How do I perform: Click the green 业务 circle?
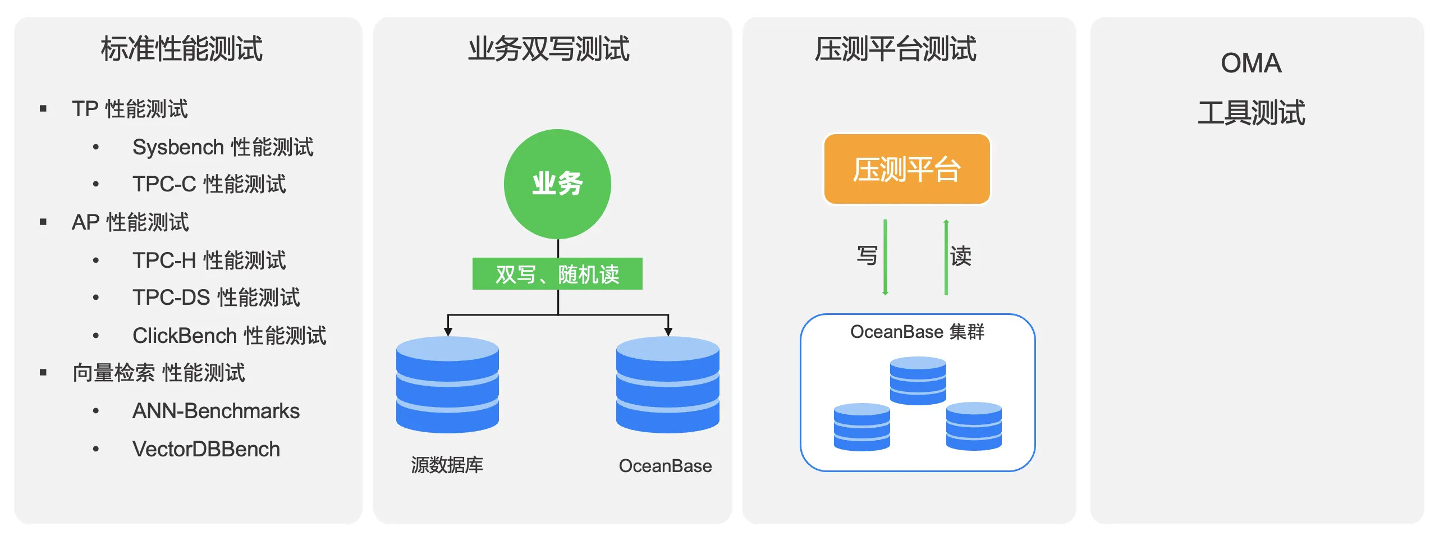tap(557, 184)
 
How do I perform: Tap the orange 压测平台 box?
tap(906, 169)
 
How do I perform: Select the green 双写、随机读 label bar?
tap(557, 274)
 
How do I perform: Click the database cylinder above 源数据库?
tap(447, 385)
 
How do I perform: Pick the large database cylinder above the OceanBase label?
tap(667, 385)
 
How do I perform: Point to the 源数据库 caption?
tap(447, 465)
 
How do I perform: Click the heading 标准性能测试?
tap(182, 49)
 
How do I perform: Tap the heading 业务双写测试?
tap(549, 49)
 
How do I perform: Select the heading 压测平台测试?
tap(895, 49)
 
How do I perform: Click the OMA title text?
tap(1251, 63)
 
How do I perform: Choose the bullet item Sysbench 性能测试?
tap(223, 147)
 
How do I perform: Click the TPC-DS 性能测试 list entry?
tap(216, 298)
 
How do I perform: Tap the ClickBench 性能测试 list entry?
tap(229, 336)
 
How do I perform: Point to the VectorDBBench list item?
tap(206, 449)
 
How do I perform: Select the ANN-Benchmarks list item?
tap(216, 411)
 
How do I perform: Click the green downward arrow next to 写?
tap(885, 257)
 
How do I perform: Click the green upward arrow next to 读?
tap(946, 257)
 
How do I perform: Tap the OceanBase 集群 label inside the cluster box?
tap(917, 332)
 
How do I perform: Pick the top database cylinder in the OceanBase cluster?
tap(918, 380)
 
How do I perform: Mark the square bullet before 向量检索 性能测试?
tap(43, 372)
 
